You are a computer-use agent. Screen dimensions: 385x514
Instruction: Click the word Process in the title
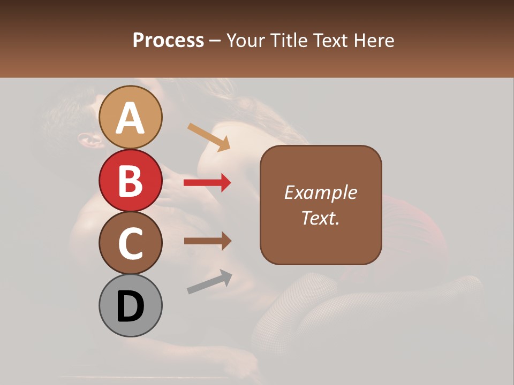[x=168, y=41]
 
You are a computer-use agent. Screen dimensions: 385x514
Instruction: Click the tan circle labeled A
[x=131, y=117]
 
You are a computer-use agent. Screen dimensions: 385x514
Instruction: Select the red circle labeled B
[x=131, y=180]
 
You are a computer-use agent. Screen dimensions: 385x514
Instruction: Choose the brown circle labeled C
[x=131, y=243]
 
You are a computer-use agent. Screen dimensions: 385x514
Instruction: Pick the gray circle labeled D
[x=131, y=305]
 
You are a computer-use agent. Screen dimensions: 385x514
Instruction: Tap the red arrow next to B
[x=207, y=183]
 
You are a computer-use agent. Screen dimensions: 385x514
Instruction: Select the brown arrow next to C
[x=207, y=241]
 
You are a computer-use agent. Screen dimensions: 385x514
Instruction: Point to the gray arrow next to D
[x=209, y=281]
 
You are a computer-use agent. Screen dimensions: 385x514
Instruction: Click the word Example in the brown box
[x=321, y=192]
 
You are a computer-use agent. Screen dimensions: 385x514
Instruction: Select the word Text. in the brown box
[x=321, y=218]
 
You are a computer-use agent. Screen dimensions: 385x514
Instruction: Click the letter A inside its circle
[x=131, y=118]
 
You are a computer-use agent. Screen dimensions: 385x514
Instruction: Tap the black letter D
[x=131, y=307]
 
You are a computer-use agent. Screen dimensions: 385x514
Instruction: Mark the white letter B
[x=131, y=181]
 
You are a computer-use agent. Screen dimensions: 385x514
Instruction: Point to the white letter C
[x=131, y=243]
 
